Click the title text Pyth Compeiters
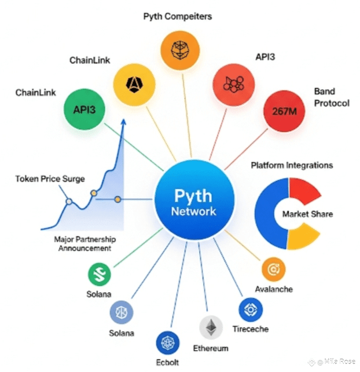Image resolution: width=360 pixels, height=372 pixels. click(177, 16)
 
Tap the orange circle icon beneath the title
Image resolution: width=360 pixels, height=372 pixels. click(178, 50)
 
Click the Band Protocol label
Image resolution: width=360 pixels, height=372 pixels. click(332, 97)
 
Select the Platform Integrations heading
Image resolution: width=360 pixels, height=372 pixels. click(292, 166)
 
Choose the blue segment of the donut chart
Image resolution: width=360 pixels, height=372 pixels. click(267, 214)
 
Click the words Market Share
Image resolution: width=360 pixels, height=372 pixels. click(307, 214)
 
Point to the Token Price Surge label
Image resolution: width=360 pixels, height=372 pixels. click(50, 179)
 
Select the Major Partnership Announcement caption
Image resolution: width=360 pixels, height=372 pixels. click(84, 244)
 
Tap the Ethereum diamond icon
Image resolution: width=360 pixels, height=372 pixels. click(211, 327)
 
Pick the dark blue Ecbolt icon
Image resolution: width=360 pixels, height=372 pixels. click(167, 342)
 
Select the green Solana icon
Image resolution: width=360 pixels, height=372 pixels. click(100, 274)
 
